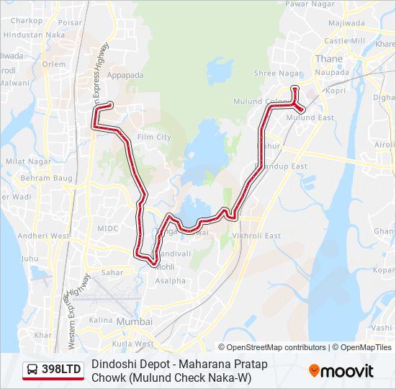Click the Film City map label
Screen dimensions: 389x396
tap(153, 137)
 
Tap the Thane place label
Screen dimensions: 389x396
tap(328, 60)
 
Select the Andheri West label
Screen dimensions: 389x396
tap(43, 236)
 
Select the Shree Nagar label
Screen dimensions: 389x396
tap(271, 73)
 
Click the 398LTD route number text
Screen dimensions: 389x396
tap(61, 370)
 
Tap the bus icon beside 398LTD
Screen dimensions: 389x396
tap(32, 370)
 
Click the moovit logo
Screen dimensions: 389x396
tap(341, 370)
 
